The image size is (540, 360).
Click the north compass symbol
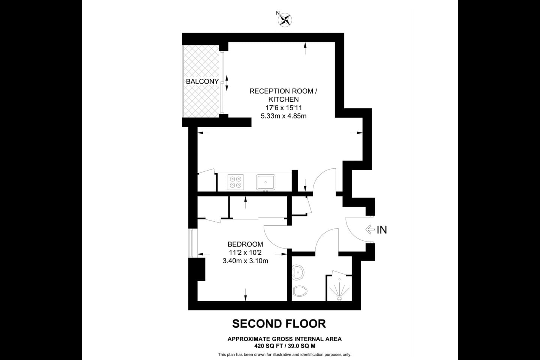(x=285, y=19)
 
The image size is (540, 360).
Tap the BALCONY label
(x=202, y=81)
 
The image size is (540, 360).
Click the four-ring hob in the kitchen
(x=235, y=182)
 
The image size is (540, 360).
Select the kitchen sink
(x=265, y=182)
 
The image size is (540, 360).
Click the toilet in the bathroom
(x=300, y=290)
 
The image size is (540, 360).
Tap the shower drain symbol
(x=339, y=298)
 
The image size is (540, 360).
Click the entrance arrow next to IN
(x=370, y=229)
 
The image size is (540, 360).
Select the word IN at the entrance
(x=382, y=229)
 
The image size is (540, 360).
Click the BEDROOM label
(x=245, y=244)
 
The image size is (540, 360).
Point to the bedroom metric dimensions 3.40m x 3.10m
(x=245, y=261)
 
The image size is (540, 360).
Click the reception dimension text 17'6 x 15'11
(x=283, y=108)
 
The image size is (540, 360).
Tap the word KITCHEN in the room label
(x=283, y=99)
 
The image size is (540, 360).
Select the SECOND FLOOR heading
(x=279, y=323)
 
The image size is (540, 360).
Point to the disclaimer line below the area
(x=285, y=354)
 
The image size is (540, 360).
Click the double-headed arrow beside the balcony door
(x=227, y=82)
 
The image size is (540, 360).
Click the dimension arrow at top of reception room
(x=305, y=48)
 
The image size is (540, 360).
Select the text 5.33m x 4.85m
(x=283, y=116)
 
